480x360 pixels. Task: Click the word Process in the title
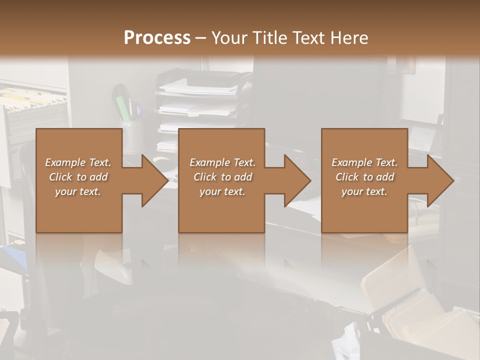[157, 37]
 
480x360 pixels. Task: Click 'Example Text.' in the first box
[78, 162]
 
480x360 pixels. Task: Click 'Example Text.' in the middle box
[222, 162]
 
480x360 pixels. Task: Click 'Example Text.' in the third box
[364, 162]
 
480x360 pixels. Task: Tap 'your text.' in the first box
[78, 191]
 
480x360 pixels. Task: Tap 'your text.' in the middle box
[222, 191]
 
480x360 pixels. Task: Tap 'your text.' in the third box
[364, 191]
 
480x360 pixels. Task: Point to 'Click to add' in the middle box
[222, 177]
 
